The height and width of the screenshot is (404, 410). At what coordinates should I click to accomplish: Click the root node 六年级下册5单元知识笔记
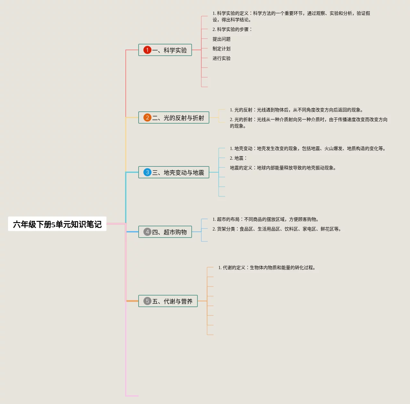tap(57, 224)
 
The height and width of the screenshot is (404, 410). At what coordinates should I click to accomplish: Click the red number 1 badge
tap(147, 50)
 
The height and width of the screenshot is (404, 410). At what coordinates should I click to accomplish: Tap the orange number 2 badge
tap(147, 117)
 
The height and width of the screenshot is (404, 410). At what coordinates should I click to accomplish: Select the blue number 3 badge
tap(147, 172)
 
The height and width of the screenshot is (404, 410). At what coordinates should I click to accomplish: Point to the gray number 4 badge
tap(147, 232)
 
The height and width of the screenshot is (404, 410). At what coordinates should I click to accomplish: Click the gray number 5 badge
tap(147, 301)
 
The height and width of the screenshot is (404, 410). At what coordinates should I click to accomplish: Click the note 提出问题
tap(221, 39)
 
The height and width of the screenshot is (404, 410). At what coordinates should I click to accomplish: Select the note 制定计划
tap(221, 49)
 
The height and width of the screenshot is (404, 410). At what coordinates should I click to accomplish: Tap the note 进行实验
tap(221, 58)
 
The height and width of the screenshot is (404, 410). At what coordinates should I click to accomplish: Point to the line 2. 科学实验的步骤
tap(232, 29)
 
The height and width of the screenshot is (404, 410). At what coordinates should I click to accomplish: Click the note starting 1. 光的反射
tap(296, 110)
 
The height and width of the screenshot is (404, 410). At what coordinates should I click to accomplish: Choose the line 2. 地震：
tap(238, 158)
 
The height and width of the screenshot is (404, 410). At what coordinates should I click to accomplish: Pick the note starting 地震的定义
tap(283, 168)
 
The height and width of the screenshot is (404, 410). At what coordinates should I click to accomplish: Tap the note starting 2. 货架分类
tap(277, 229)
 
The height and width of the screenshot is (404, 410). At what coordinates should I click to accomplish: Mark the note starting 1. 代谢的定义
tap(267, 268)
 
